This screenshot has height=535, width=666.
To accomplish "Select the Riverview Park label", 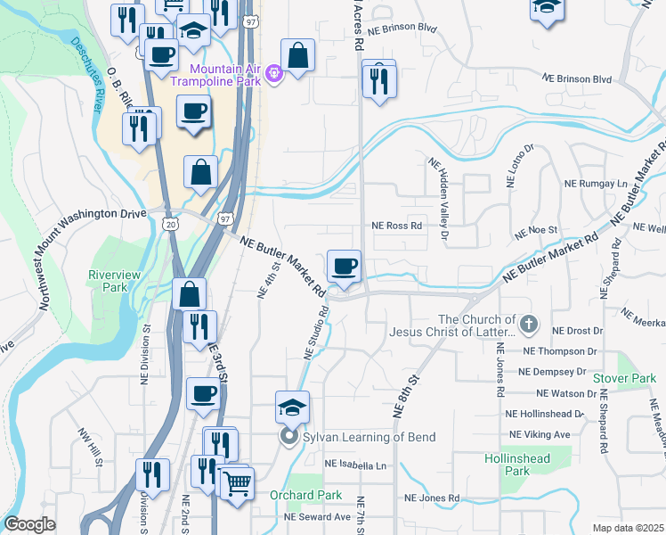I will point(108,281).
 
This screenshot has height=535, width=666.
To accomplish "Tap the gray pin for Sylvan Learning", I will point(288,437).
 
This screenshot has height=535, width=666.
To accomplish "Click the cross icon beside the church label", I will point(529,325).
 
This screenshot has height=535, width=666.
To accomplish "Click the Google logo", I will point(29,524).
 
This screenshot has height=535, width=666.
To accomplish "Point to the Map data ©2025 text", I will point(628,528).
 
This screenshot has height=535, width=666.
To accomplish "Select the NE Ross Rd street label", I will point(396,226).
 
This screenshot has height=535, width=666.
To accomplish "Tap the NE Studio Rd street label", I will point(317,333).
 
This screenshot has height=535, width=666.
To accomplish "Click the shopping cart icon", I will point(237,485).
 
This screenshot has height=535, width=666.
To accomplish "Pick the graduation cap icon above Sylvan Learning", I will point(292,407).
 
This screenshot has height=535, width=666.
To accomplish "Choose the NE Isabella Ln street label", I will point(356,465).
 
